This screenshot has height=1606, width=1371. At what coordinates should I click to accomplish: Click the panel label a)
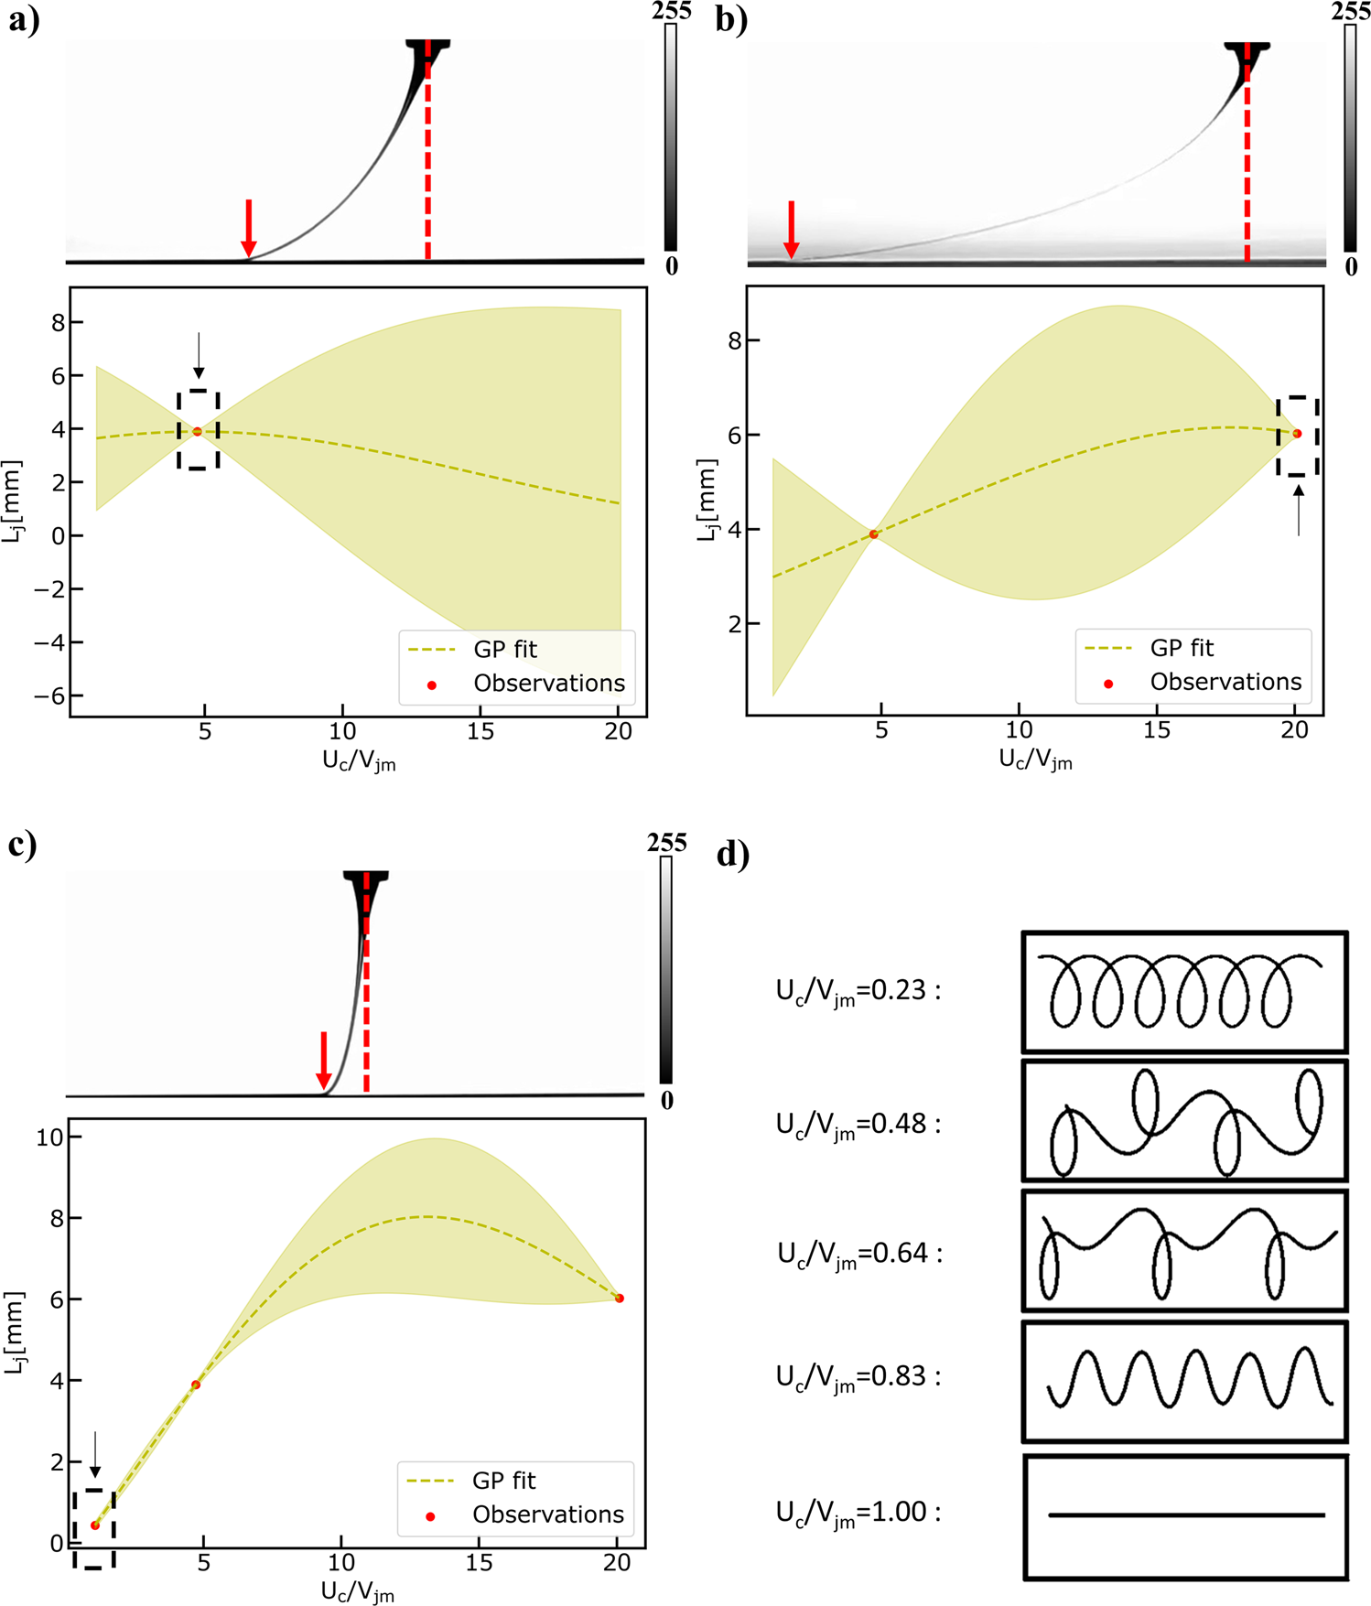pyautogui.click(x=24, y=20)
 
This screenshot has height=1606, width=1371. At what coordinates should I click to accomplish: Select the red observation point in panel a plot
pyautogui.click(x=198, y=431)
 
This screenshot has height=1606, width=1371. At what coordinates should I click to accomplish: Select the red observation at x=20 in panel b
pyautogui.click(x=1297, y=434)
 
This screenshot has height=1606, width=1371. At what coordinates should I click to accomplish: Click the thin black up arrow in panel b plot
pyautogui.click(x=1298, y=511)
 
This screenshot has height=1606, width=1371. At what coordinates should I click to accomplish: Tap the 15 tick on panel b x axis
pyautogui.click(x=1157, y=730)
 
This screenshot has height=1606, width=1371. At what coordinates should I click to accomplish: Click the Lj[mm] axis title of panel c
pyautogui.click(x=16, y=1332)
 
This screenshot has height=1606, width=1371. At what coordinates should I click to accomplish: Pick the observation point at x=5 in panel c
pyautogui.click(x=196, y=1385)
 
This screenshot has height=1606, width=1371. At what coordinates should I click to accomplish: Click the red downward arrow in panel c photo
pyautogui.click(x=323, y=1060)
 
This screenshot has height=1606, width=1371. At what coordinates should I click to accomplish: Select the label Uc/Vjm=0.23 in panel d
pyautogui.click(x=858, y=991)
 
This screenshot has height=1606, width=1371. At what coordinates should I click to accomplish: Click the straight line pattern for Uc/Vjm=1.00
pyautogui.click(x=1186, y=1515)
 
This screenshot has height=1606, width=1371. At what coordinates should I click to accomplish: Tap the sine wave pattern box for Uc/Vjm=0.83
pyautogui.click(x=1186, y=1379)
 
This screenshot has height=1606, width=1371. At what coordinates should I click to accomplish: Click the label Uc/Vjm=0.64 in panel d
pyautogui.click(x=859, y=1254)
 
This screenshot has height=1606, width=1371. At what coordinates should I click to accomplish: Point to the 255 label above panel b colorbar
pyautogui.click(x=1350, y=12)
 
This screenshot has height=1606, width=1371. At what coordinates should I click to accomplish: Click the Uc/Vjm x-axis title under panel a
pyautogui.click(x=359, y=761)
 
